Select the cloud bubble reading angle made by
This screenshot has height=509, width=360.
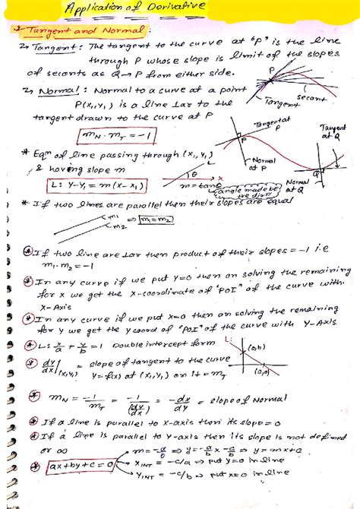point(254,188)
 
